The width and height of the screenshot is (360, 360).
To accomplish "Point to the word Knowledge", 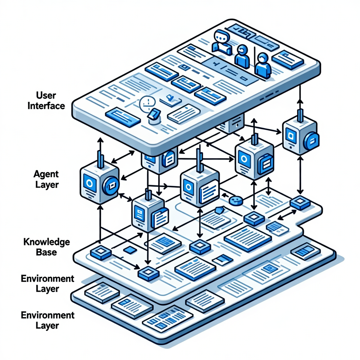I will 46,242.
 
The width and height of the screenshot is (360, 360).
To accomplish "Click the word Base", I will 46,252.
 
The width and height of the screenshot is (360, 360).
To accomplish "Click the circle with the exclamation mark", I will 147,103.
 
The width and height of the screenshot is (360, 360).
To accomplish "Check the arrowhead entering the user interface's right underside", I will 300,101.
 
